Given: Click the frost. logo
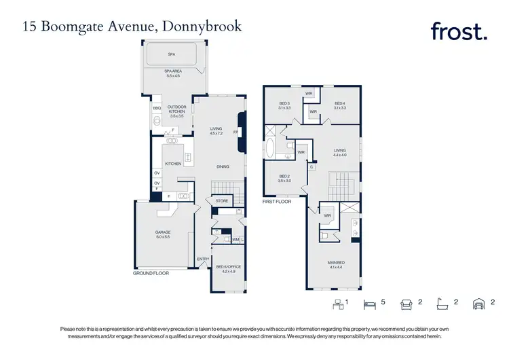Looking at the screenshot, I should click(x=459, y=31).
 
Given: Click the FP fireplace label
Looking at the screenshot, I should click(x=235, y=132).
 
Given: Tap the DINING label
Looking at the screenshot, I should click(x=222, y=166).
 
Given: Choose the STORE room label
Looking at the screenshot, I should click(x=221, y=201).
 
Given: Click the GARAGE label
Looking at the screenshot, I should click(x=163, y=234).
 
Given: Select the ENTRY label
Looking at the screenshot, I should click(x=203, y=259).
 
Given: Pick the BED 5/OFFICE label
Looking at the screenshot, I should click(x=225, y=268).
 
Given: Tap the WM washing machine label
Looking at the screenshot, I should click(x=235, y=239).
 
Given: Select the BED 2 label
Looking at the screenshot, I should click(x=284, y=178).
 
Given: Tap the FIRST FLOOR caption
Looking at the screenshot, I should click(x=276, y=202).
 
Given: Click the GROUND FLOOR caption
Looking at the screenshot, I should click(x=151, y=272).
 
